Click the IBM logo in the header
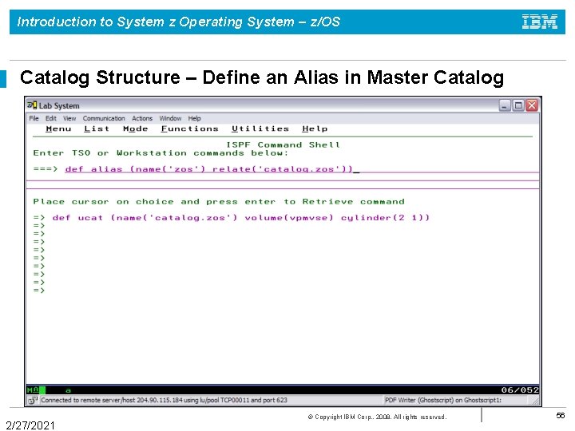(540, 22)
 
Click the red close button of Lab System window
(533, 105)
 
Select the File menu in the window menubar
(34, 118)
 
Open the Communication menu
(104, 118)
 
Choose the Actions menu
(142, 118)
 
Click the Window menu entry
(170, 118)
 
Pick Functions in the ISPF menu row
(189, 129)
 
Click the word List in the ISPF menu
(97, 129)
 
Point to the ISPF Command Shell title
(283, 144)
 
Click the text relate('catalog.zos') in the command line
(300, 169)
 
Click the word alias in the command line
(107, 169)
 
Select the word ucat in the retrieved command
(90, 218)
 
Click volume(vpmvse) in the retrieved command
(289, 218)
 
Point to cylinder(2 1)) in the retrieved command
(385, 218)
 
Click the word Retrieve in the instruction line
(327, 202)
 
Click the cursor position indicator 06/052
(519, 389)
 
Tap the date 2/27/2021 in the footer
(30, 425)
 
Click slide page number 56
(560, 416)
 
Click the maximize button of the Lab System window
(518, 105)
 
